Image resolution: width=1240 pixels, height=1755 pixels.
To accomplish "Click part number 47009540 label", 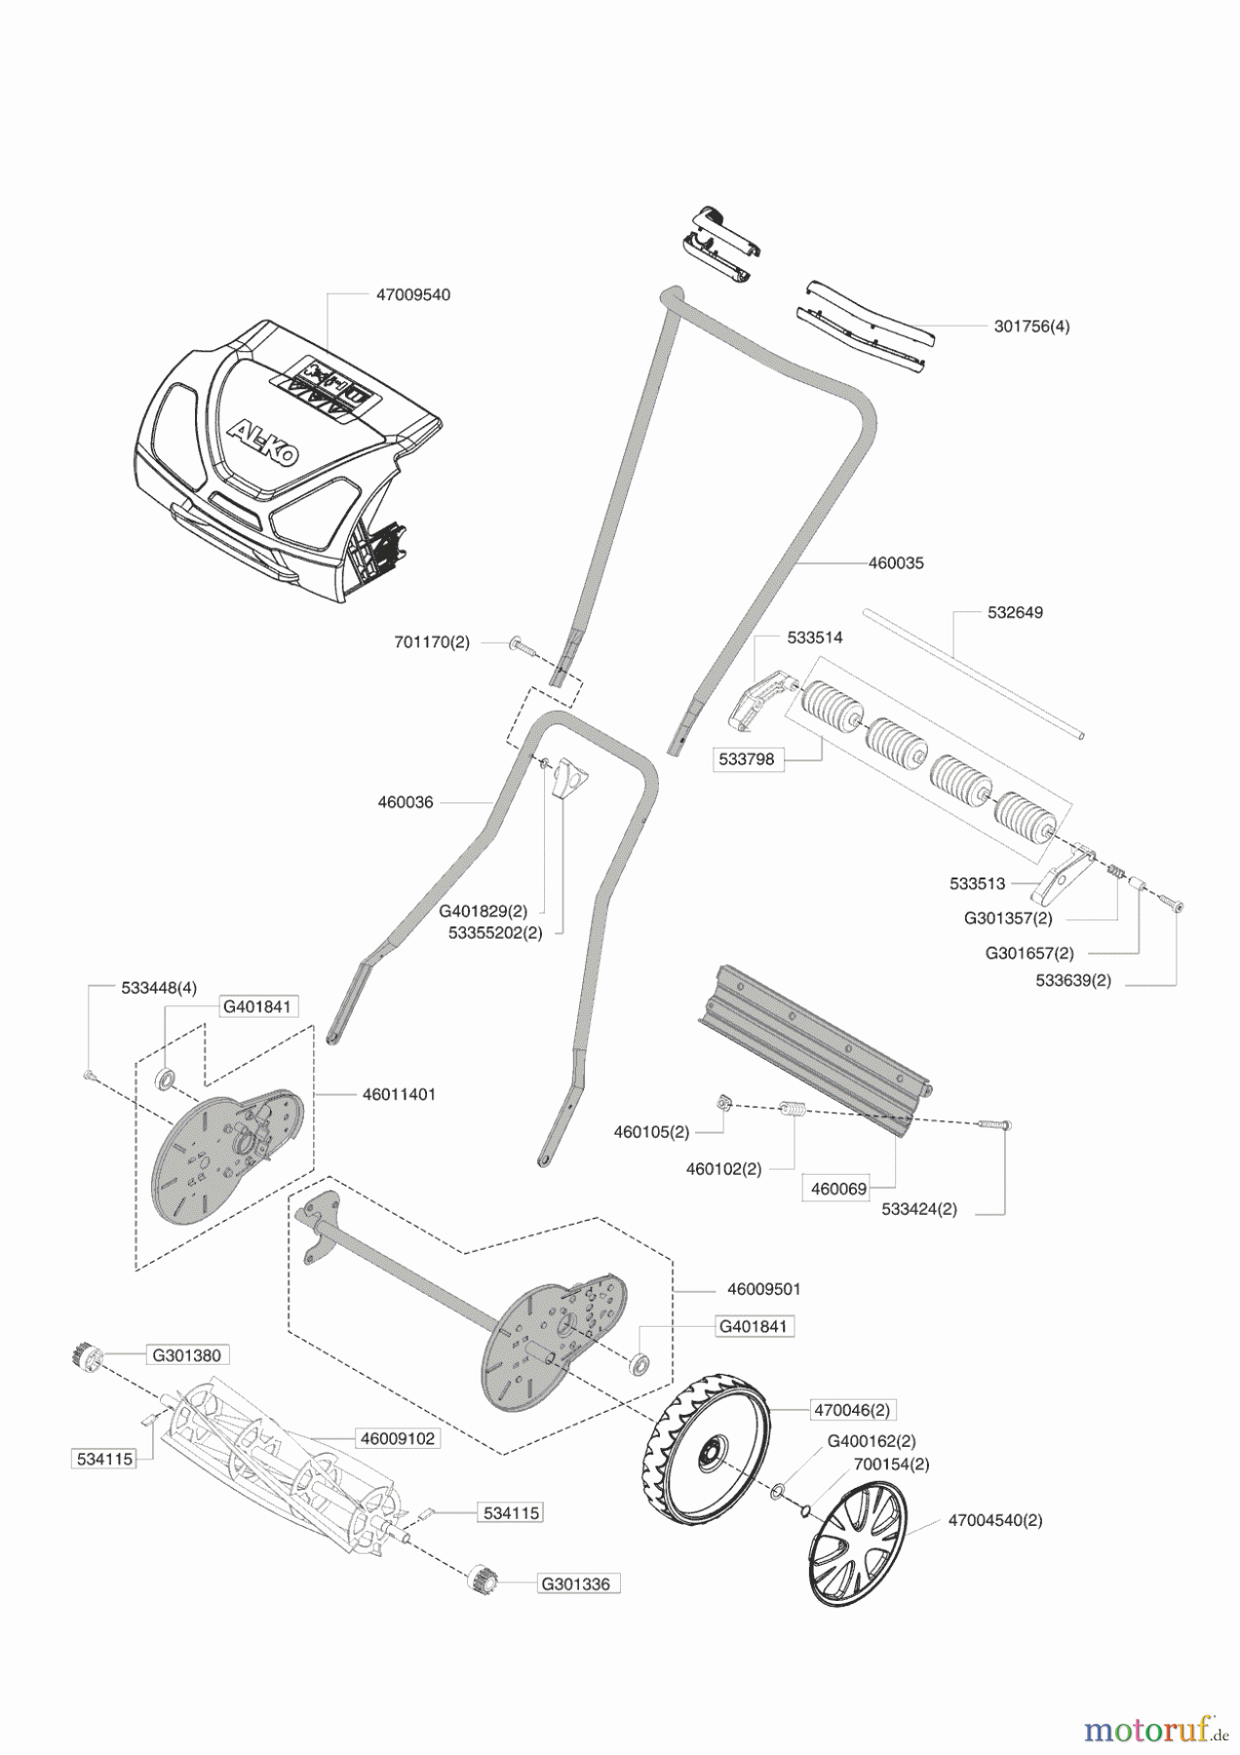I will click(412, 295).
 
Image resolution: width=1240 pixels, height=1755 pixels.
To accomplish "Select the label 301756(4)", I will click(1031, 327).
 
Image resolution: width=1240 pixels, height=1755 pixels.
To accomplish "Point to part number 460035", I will click(896, 564).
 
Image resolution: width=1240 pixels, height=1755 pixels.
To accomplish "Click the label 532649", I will click(1015, 613).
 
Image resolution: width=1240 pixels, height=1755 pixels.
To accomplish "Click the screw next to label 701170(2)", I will click(522, 643).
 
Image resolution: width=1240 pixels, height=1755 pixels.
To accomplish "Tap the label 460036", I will click(406, 802).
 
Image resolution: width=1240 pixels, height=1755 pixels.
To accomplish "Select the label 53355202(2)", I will click(494, 932).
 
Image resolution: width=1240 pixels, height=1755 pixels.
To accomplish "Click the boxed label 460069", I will click(838, 1189).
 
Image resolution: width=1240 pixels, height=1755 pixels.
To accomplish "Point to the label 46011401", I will click(399, 1095).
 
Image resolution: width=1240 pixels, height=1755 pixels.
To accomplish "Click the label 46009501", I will click(763, 1289).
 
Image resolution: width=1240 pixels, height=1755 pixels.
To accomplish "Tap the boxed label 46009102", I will click(398, 1438).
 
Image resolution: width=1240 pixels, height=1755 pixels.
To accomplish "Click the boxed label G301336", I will click(578, 1584).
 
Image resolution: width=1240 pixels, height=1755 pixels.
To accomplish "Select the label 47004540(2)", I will click(993, 1520).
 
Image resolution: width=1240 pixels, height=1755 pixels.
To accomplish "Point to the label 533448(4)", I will click(159, 988).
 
